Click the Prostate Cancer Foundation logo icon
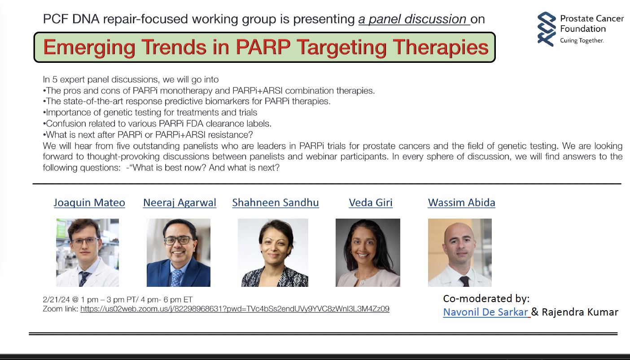pos(547,29)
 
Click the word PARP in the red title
pos(262,47)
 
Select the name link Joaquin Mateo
pos(89,202)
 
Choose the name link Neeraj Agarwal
pos(180,202)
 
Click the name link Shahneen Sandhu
pos(276,202)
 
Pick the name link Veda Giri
pos(371,202)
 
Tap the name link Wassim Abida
pos(462,202)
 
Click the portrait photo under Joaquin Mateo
pos(87,253)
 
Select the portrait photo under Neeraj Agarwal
pos(179,253)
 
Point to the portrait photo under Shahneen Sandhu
pos(273,253)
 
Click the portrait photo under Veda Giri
pos(368,253)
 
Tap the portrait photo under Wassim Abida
pos(460,253)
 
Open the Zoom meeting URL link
pos(235,309)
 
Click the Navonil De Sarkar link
pos(486,312)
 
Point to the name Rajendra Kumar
pos(580,312)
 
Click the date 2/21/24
pos(56,299)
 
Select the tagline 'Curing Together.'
pos(582,40)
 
